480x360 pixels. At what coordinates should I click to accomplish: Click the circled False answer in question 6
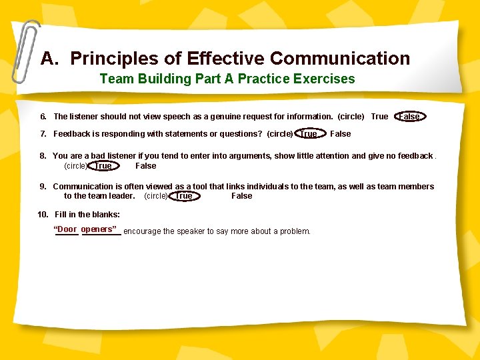click(x=409, y=117)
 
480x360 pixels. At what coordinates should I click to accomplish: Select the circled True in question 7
click(x=309, y=134)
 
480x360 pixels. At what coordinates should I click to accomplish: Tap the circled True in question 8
click(x=103, y=166)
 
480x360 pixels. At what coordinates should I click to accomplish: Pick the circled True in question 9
click(x=183, y=196)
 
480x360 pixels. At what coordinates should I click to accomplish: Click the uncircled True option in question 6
click(x=379, y=117)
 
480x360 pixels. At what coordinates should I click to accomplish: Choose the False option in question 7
click(x=340, y=134)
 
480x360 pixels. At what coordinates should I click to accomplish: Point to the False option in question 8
click(x=145, y=166)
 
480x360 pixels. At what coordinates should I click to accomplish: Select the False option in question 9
click(x=241, y=196)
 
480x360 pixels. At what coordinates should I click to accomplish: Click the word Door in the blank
click(x=67, y=230)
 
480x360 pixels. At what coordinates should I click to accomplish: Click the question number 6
click(x=43, y=117)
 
